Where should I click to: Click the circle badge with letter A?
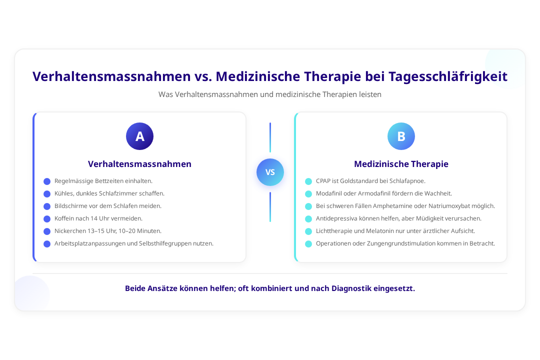tap(139, 136)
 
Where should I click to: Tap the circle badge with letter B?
tap(401, 136)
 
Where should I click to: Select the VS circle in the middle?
tap(270, 172)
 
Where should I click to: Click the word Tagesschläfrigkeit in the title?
tap(448, 76)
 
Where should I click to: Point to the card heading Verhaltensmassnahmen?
tap(139, 164)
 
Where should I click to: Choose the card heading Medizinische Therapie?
tap(401, 164)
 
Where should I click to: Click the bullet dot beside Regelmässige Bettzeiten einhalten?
tap(47, 181)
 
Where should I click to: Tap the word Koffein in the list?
tap(64, 218)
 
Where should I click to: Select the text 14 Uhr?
tap(99, 218)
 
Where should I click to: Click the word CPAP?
tap(323, 181)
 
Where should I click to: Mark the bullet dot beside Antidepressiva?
tap(308, 219)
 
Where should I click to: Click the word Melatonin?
tap(380, 231)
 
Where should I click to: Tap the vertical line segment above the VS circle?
tap(270, 137)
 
